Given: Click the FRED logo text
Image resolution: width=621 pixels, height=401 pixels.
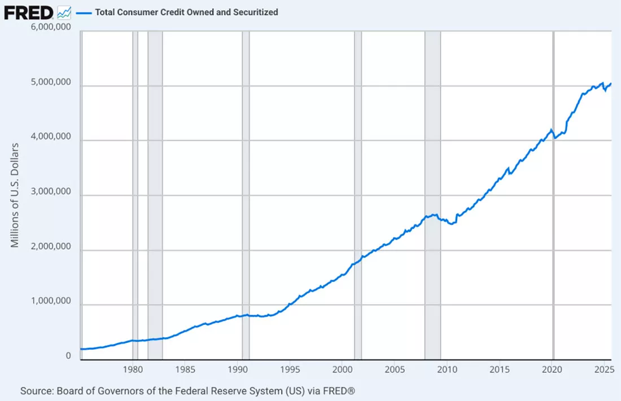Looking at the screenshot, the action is (x=29, y=12).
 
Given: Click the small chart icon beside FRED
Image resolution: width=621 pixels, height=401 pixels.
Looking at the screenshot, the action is (x=64, y=12).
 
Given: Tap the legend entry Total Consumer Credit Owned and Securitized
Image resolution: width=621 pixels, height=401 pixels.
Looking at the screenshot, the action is (x=186, y=12).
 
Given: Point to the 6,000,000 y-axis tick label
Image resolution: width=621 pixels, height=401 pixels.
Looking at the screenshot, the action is (x=51, y=27).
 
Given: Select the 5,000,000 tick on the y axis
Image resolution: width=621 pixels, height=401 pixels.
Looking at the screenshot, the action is (x=51, y=82).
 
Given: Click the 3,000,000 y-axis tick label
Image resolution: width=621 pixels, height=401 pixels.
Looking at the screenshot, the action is (x=51, y=191).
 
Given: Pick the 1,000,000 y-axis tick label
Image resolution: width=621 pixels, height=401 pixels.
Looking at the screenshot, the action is (x=51, y=301).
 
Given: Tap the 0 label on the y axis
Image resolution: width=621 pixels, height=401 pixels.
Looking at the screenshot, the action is (x=68, y=355).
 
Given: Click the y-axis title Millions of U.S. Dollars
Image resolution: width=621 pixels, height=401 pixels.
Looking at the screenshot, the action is (x=15, y=195).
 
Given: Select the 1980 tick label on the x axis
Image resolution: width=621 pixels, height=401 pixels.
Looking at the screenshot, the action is (x=133, y=370).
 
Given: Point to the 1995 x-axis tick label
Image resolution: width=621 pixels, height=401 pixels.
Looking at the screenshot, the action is (x=290, y=370).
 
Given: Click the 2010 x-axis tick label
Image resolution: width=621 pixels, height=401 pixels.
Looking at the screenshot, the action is (x=447, y=370).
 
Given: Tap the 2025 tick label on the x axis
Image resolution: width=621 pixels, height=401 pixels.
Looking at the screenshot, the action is (x=605, y=370).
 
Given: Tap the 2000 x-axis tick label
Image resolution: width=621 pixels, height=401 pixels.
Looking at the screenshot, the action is (x=342, y=370).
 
